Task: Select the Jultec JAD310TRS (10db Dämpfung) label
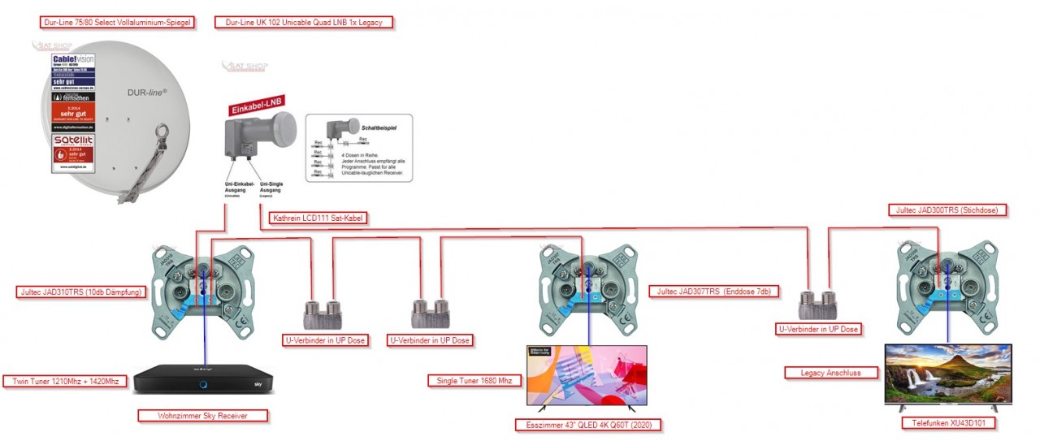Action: click(80, 292)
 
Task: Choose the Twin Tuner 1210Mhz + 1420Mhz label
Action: click(66, 381)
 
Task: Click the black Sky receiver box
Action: click(204, 379)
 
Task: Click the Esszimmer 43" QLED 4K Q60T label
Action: click(588, 425)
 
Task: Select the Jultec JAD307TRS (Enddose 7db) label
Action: click(714, 291)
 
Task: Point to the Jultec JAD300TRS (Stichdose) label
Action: click(946, 210)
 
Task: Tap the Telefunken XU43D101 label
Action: click(947, 423)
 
